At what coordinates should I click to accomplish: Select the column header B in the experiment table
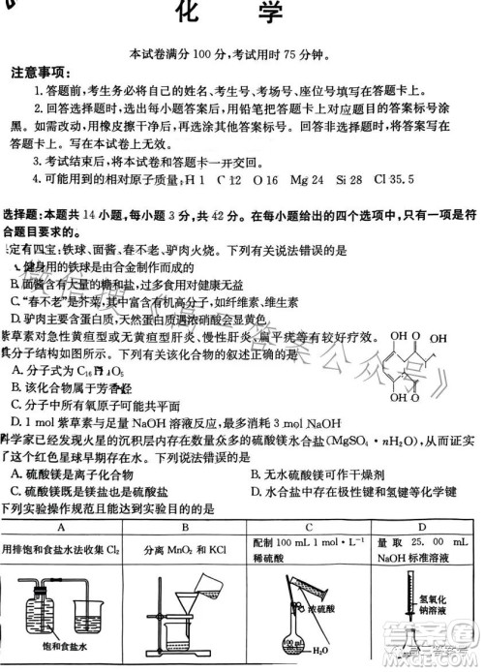click(184, 528)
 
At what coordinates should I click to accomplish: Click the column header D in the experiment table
click(426, 528)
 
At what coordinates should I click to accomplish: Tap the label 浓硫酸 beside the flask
click(321, 612)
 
